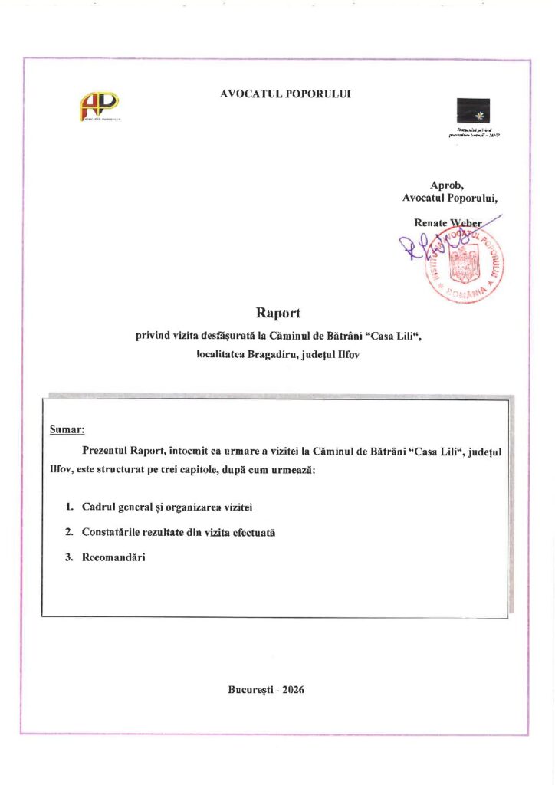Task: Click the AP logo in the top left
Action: pos(100,106)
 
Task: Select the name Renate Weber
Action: pos(448,222)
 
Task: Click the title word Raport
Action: pos(277,313)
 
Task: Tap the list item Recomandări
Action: pos(113,557)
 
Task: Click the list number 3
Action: pos(68,557)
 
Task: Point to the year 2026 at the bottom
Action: pos(294,689)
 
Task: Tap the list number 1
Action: pos(68,507)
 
